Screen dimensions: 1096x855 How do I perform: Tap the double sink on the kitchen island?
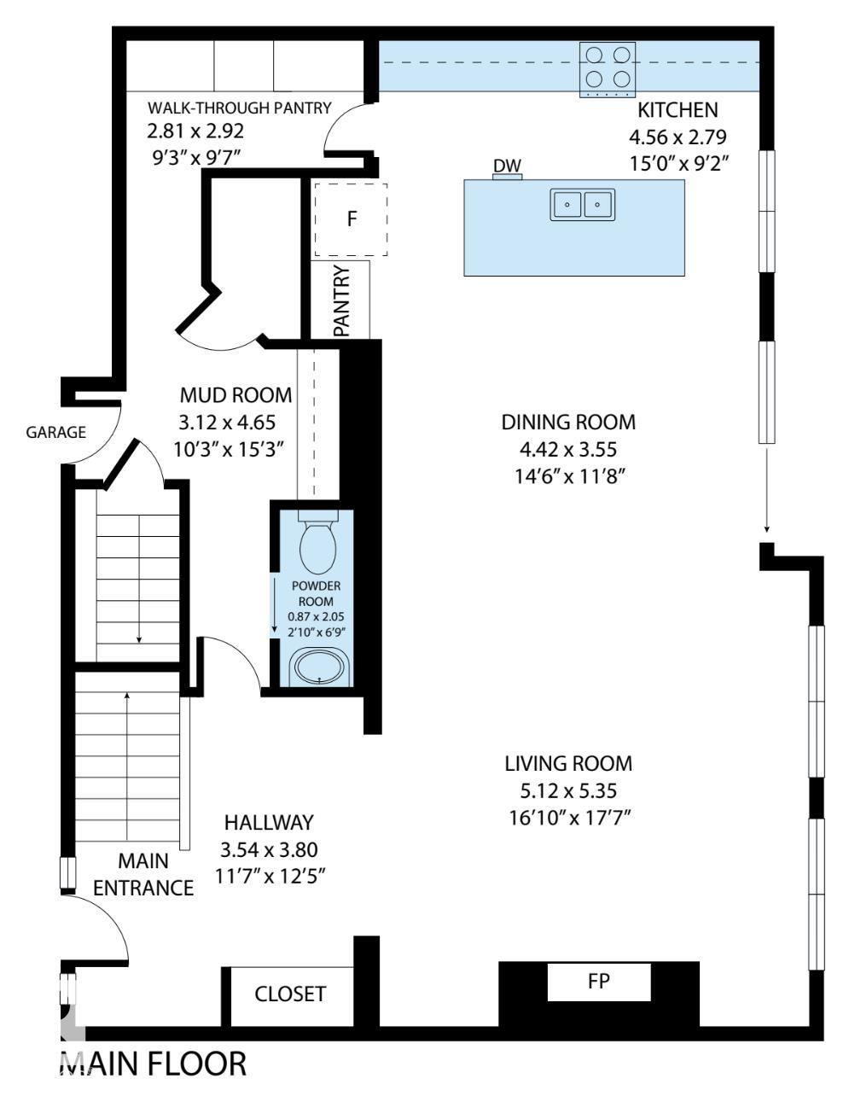click(x=582, y=205)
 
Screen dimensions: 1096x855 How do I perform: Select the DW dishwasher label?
click(x=507, y=166)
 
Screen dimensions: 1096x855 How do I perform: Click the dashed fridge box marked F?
click(x=350, y=219)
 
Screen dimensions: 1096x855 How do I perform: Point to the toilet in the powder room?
click(x=318, y=546)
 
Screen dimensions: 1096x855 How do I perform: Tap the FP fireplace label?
click(x=599, y=981)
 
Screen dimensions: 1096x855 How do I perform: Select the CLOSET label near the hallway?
click(x=290, y=994)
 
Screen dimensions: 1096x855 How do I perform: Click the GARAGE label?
click(x=55, y=432)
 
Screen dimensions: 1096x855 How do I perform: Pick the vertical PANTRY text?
click(x=341, y=300)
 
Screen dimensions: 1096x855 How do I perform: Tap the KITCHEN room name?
click(x=678, y=110)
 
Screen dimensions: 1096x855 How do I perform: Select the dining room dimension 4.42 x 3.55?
click(x=568, y=449)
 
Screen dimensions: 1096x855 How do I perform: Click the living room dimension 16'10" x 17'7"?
click(x=568, y=818)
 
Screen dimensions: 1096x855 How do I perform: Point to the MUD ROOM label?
click(x=236, y=395)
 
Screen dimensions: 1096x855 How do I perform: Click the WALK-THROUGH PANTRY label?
click(x=239, y=108)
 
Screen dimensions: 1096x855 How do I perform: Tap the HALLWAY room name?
click(x=269, y=823)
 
